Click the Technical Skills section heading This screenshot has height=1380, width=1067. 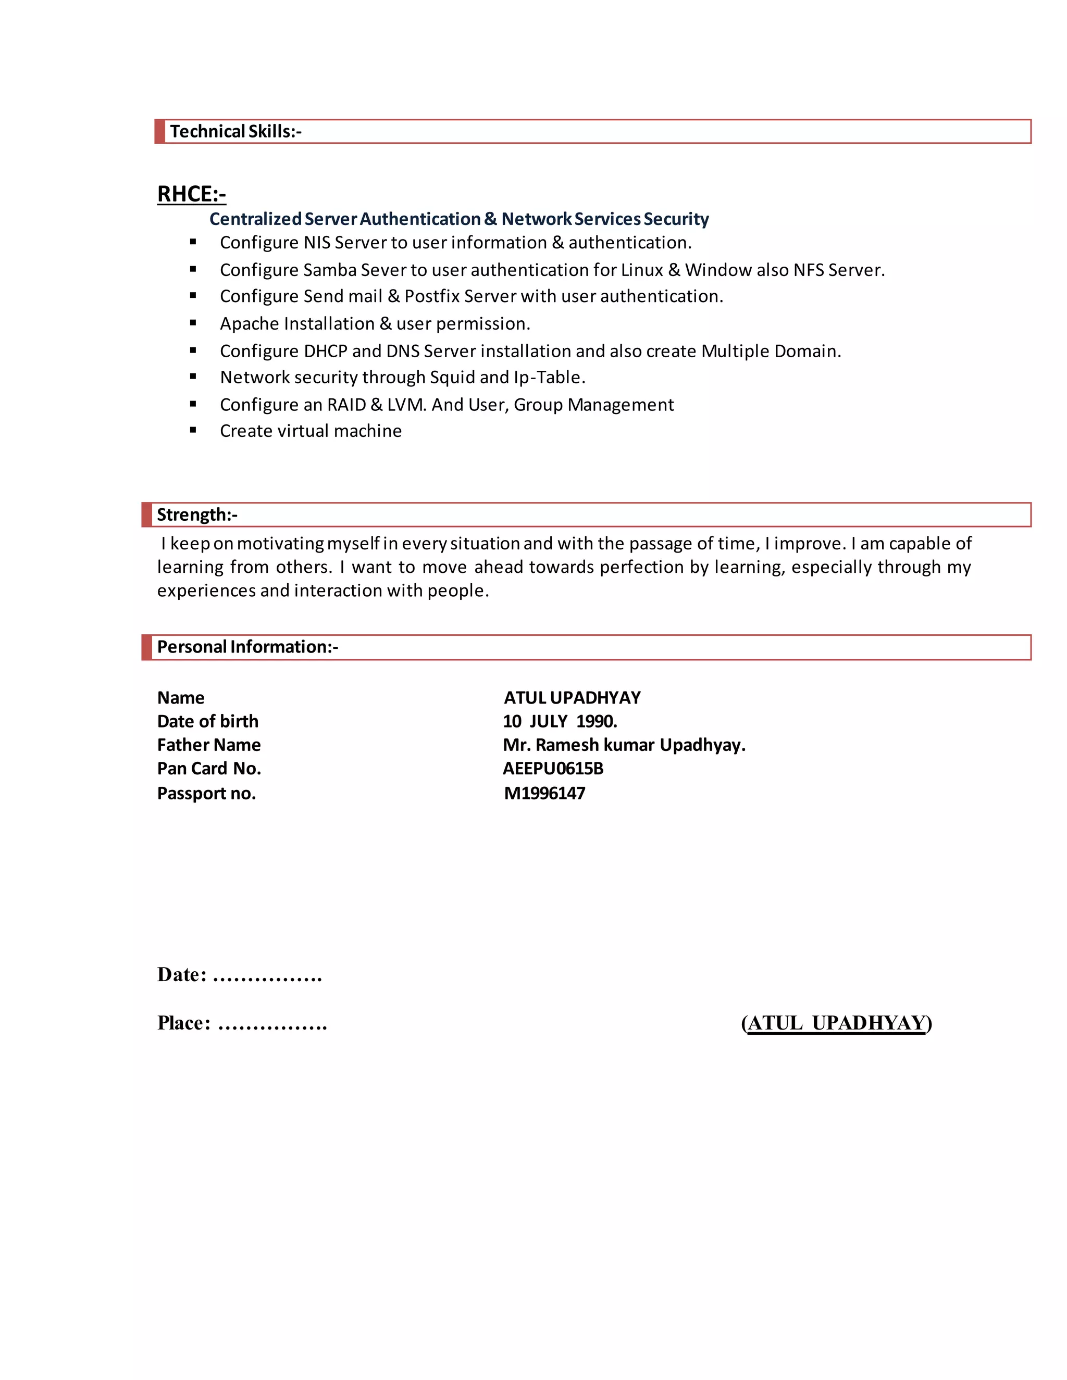click(x=235, y=131)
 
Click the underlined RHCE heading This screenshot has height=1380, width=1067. click(x=192, y=194)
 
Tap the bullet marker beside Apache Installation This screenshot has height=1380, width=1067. click(x=193, y=323)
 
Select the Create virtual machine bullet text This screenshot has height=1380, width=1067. click(x=311, y=431)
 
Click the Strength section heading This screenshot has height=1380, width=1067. click(x=196, y=515)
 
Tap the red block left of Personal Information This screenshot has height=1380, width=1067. click(x=146, y=647)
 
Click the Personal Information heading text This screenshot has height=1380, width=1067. click(x=247, y=647)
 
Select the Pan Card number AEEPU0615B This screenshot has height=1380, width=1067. click(x=552, y=768)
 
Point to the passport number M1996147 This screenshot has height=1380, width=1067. click(x=544, y=793)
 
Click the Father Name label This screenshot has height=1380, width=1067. click(x=208, y=745)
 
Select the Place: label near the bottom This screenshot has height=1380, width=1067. click(x=183, y=1023)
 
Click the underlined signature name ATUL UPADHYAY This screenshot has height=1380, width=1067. click(x=836, y=1023)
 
